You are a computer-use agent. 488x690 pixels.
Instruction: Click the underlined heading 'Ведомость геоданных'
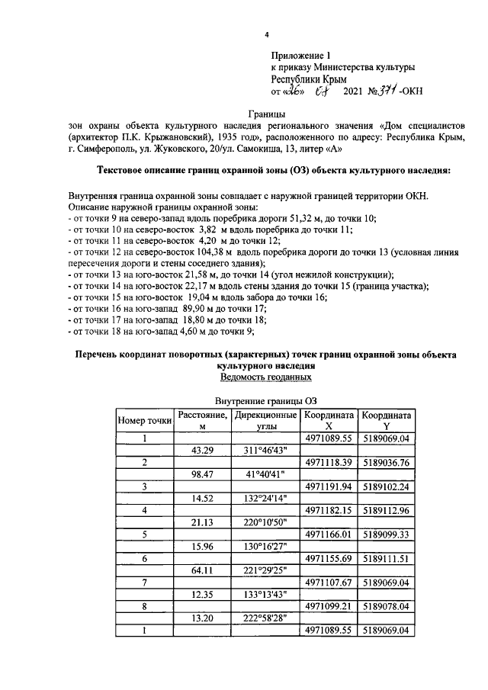pyautogui.click(x=265, y=377)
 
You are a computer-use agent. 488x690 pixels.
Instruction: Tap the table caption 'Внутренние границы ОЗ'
pyautogui.click(x=265, y=400)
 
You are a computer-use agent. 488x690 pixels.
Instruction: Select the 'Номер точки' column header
pyautogui.click(x=144, y=421)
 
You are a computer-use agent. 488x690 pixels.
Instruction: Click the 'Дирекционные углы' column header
pyautogui.click(x=265, y=421)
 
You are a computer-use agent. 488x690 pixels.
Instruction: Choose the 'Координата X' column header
pyautogui.click(x=329, y=421)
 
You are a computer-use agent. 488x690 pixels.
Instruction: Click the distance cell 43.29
pyautogui.click(x=202, y=451)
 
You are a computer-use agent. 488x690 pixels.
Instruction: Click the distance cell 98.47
pyautogui.click(x=202, y=474)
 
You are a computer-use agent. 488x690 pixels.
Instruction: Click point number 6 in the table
pyautogui.click(x=144, y=559)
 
